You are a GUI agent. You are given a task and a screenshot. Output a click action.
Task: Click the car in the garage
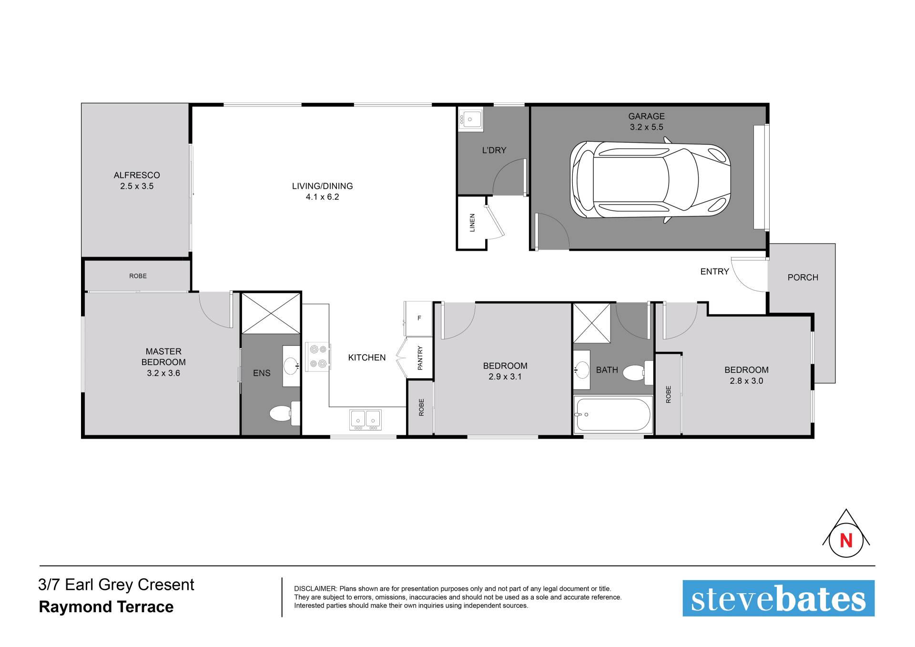click(650, 180)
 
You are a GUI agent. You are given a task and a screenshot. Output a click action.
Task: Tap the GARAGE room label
click(646, 116)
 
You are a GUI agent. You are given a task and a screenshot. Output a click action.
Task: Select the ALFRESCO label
click(137, 175)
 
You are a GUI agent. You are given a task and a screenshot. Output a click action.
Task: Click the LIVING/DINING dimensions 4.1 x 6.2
click(323, 197)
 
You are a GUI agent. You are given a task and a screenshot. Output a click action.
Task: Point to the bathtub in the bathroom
click(613, 414)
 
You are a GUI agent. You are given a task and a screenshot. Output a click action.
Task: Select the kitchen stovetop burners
click(318, 357)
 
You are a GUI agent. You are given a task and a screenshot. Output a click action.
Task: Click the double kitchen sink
click(366, 419)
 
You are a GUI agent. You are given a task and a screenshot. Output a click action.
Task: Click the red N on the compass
click(846, 541)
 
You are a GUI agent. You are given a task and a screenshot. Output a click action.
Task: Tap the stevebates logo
click(778, 598)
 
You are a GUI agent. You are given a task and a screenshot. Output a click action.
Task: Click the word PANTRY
click(420, 358)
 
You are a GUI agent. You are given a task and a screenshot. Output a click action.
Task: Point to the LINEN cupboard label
click(472, 223)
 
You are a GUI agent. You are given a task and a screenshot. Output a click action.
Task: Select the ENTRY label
click(714, 271)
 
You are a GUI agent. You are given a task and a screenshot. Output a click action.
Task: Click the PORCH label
click(803, 277)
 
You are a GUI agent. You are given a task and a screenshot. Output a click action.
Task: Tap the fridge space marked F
click(419, 318)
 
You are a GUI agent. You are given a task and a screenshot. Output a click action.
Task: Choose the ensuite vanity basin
click(291, 366)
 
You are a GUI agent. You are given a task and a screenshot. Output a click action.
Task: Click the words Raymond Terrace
click(106, 607)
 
